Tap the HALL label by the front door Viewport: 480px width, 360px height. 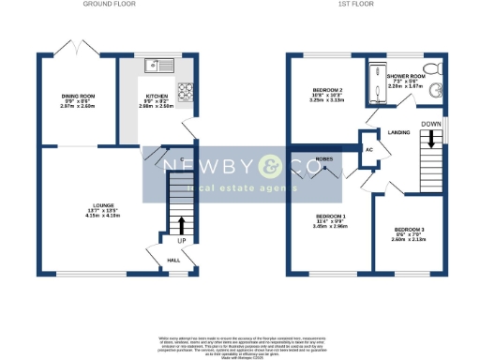pos(173,261)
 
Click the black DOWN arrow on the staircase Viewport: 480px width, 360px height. pos(430,140)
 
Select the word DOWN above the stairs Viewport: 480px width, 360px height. pos(430,123)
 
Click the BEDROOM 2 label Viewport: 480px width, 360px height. pos(329,92)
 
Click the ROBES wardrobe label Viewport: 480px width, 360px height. pos(326,159)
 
